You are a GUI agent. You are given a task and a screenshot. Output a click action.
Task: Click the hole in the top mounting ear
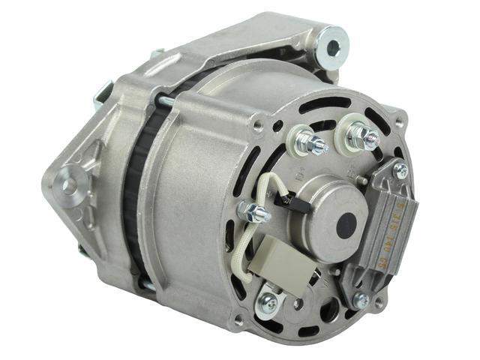[333, 47]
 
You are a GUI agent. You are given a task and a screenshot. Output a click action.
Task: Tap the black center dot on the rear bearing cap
[346, 225]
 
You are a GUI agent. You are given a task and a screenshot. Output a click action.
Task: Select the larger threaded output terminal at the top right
[363, 136]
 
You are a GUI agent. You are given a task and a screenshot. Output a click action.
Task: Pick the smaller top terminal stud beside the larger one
[308, 142]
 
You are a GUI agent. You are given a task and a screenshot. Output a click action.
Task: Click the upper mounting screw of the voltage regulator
[400, 172]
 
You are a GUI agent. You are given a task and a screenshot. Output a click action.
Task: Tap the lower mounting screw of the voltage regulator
[361, 300]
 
